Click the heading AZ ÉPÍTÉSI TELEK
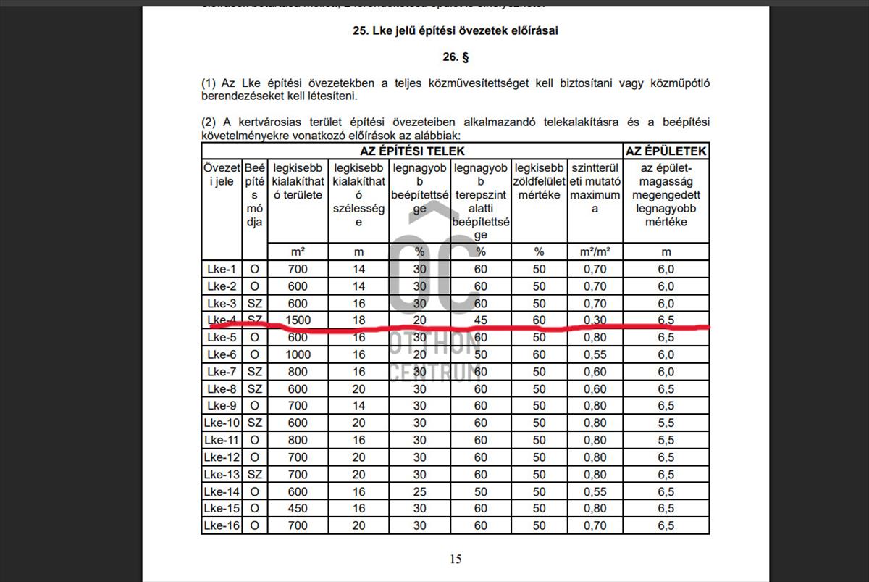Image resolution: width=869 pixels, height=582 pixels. pyautogui.click(x=412, y=151)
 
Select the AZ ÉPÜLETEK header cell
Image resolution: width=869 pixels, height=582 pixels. pyautogui.click(x=666, y=151)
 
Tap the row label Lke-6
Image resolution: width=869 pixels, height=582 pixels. pyautogui.click(x=222, y=354)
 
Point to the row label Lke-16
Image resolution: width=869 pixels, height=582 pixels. pyautogui.click(x=222, y=525)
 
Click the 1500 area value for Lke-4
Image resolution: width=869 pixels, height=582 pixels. pyautogui.click(x=298, y=320)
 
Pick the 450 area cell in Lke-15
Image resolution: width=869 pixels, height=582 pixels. pyautogui.click(x=298, y=509)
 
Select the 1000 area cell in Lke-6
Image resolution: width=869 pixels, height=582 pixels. pyautogui.click(x=298, y=354)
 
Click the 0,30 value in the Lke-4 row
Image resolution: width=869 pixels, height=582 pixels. pyautogui.click(x=595, y=320)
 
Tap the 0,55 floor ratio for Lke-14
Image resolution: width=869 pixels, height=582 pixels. pyautogui.click(x=595, y=491)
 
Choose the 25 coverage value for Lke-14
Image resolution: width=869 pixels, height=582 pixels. pyautogui.click(x=420, y=491)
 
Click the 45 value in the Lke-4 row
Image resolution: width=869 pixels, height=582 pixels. pyautogui.click(x=481, y=320)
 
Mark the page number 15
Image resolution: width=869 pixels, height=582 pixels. pyautogui.click(x=456, y=558)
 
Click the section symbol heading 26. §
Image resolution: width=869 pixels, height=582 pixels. pyautogui.click(x=456, y=57)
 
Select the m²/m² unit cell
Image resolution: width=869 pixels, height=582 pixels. pyautogui.click(x=595, y=251)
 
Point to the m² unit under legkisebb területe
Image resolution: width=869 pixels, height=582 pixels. pyautogui.click(x=298, y=251)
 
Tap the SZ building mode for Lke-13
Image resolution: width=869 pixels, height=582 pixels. pyautogui.click(x=254, y=474)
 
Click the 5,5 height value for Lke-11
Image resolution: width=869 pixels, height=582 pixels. pyautogui.click(x=666, y=440)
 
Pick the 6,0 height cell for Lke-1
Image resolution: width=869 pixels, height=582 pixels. pyautogui.click(x=666, y=269)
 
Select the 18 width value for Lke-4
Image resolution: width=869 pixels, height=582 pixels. pyautogui.click(x=358, y=320)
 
